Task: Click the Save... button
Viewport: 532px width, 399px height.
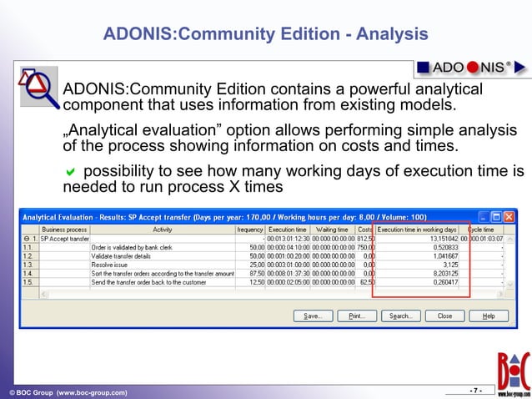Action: tap(313, 316)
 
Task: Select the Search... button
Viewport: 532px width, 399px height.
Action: tap(399, 316)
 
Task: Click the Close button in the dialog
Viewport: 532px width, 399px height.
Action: tap(444, 316)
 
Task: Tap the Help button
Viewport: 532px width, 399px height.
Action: tap(489, 316)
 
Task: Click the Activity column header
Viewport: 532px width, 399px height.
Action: tap(162, 229)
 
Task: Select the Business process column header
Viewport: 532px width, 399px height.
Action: tap(64, 229)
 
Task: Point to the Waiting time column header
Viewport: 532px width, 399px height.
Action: tap(332, 229)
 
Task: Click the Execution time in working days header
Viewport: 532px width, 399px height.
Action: tap(417, 229)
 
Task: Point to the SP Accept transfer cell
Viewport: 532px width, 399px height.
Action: tap(65, 238)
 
